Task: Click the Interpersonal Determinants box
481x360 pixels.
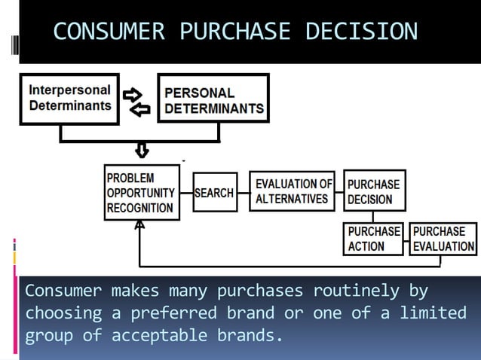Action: point(69,98)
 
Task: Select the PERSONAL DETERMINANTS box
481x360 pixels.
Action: point(213,100)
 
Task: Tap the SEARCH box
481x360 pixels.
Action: point(214,193)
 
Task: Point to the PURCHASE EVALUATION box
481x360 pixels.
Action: point(443,238)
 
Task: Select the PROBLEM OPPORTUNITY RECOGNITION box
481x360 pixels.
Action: point(142,193)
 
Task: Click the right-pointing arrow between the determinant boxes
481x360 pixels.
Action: point(133,95)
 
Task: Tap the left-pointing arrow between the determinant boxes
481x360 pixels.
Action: point(140,110)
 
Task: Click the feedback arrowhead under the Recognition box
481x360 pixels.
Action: point(139,225)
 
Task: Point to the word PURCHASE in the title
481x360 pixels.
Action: point(234,32)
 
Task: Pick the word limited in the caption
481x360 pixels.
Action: point(433,313)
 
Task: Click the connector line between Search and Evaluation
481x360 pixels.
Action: point(242,193)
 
